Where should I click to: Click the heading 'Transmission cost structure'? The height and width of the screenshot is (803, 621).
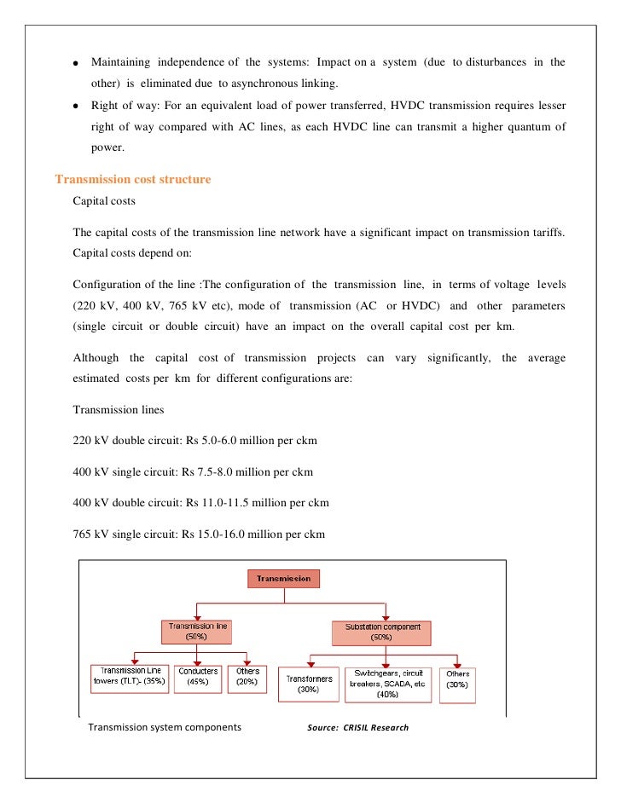132,180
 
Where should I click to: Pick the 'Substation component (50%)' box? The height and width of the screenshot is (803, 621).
381,632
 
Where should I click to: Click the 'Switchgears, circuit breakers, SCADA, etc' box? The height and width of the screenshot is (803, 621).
388,685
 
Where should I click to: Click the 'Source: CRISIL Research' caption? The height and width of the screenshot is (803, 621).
357,728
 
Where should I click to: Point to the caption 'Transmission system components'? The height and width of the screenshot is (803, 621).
165,728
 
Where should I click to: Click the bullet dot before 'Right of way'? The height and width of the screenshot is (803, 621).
76,107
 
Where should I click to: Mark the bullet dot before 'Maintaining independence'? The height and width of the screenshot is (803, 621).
76,64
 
